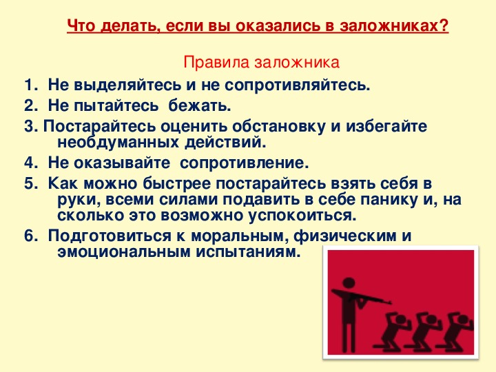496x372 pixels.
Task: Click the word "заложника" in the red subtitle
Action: [x=297, y=63]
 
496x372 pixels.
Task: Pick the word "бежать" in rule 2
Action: [x=199, y=105]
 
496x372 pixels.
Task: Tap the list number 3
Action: [x=30, y=127]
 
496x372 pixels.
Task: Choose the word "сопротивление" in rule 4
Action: [x=244, y=163]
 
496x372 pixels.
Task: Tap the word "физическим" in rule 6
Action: [x=345, y=236]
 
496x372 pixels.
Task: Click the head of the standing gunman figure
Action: [x=349, y=283]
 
